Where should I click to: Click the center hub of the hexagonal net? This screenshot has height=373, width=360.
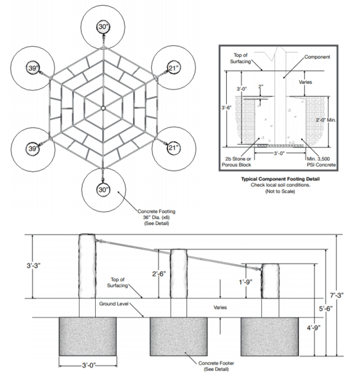[x=103, y=108]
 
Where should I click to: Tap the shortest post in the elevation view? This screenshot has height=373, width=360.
[x=269, y=281]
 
